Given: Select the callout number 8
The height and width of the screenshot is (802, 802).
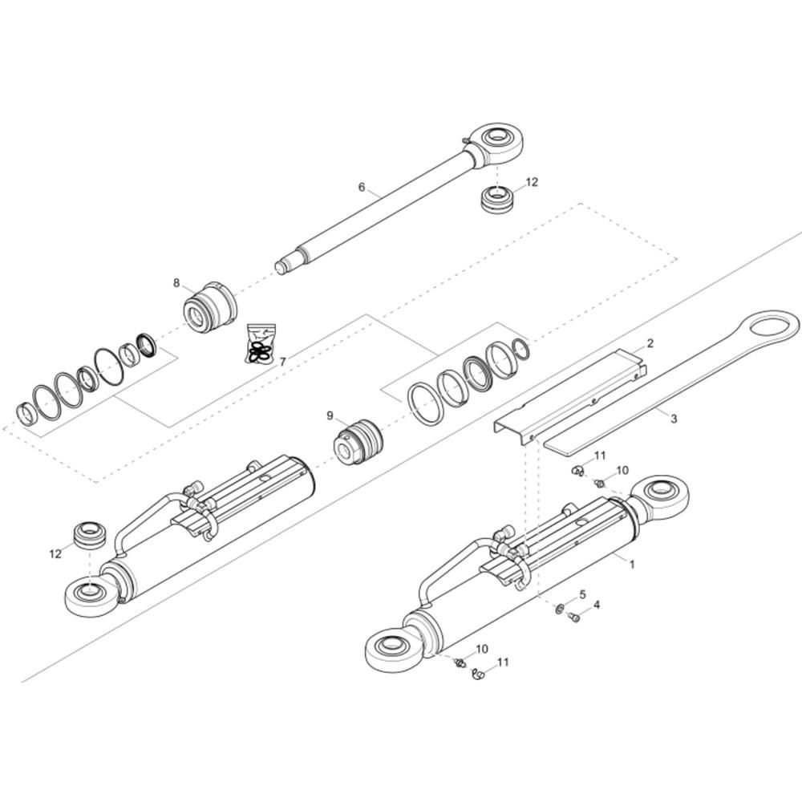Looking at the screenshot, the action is (176, 282).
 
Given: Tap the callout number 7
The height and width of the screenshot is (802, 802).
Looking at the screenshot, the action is (282, 362).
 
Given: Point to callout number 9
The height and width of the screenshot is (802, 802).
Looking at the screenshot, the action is (330, 415).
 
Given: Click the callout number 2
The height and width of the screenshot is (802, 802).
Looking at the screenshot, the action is (650, 343).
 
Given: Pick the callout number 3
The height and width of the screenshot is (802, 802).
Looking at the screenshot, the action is (674, 419).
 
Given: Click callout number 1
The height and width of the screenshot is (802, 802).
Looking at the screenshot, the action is (631, 564).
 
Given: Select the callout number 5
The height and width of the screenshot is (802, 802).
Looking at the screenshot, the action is (583, 594).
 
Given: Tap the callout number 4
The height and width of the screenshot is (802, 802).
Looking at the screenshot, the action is (596, 604).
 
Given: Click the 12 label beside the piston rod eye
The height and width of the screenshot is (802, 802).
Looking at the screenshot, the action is (532, 182).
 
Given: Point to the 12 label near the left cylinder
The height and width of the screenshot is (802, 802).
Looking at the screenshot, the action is (55, 553).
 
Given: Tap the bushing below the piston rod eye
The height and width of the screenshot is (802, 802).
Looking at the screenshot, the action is (497, 197).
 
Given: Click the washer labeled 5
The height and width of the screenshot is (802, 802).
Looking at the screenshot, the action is (558, 611).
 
